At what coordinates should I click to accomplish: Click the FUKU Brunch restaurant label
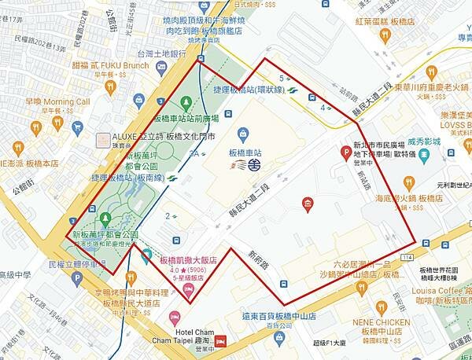pos(119,65)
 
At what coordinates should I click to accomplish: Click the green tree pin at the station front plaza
pos(186,102)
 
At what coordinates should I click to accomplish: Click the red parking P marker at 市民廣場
pos(345,152)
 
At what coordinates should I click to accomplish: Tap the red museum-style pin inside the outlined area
pos(307,205)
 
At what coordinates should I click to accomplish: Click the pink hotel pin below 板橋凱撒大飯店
pos(187,291)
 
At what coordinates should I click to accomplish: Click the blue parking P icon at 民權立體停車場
pos(100,263)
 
